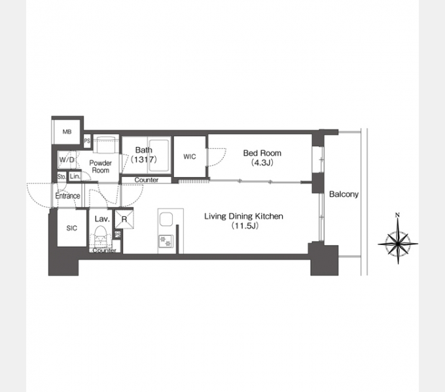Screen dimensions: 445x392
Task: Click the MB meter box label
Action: (67, 132)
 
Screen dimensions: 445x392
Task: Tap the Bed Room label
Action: (262, 154)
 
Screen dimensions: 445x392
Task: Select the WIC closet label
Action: (190, 157)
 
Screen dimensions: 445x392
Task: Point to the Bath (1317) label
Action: (143, 155)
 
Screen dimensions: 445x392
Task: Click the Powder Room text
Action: (101, 167)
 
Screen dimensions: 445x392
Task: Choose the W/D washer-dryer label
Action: (67, 160)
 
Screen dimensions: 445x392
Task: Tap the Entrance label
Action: (67, 196)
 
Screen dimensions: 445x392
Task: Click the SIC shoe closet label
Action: (71, 228)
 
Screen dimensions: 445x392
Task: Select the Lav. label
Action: (102, 219)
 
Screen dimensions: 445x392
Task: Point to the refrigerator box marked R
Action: (124, 219)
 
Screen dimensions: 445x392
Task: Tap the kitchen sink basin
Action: (166, 220)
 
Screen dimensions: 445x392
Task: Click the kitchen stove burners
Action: (166, 240)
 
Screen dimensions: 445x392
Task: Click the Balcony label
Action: (344, 194)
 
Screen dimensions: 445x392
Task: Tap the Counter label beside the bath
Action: (147, 180)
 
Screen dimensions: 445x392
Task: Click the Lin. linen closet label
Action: (75, 176)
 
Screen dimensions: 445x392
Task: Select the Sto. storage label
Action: (62, 177)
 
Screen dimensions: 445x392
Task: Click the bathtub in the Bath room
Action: (158, 155)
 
